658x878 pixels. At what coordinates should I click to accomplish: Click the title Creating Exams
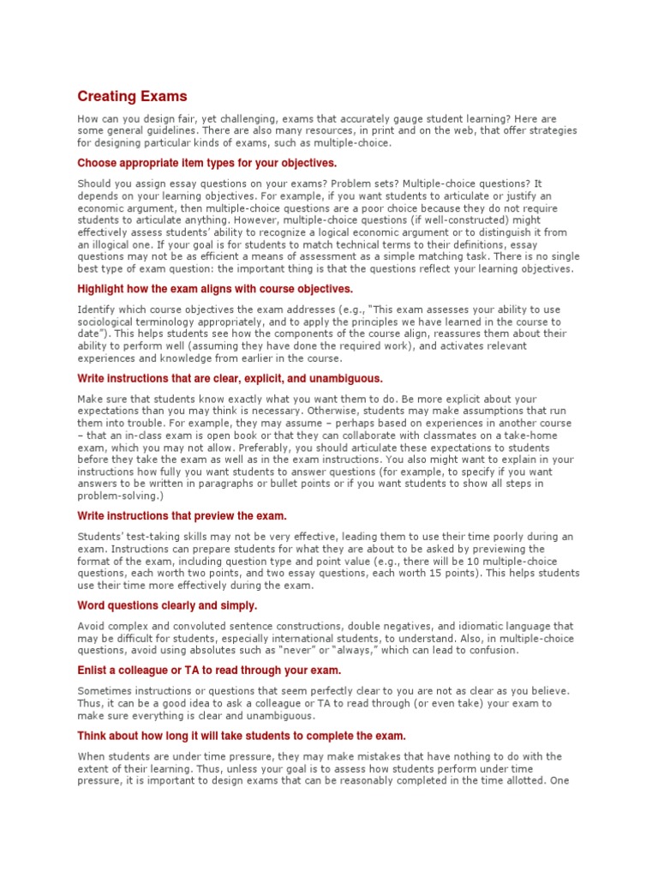[132, 96]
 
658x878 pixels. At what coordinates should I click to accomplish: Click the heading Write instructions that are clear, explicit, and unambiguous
[230, 378]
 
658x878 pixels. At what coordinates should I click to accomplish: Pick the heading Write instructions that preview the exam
[182, 516]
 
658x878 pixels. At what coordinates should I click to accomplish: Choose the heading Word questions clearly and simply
[167, 605]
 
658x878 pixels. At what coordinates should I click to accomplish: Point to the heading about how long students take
[242, 736]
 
